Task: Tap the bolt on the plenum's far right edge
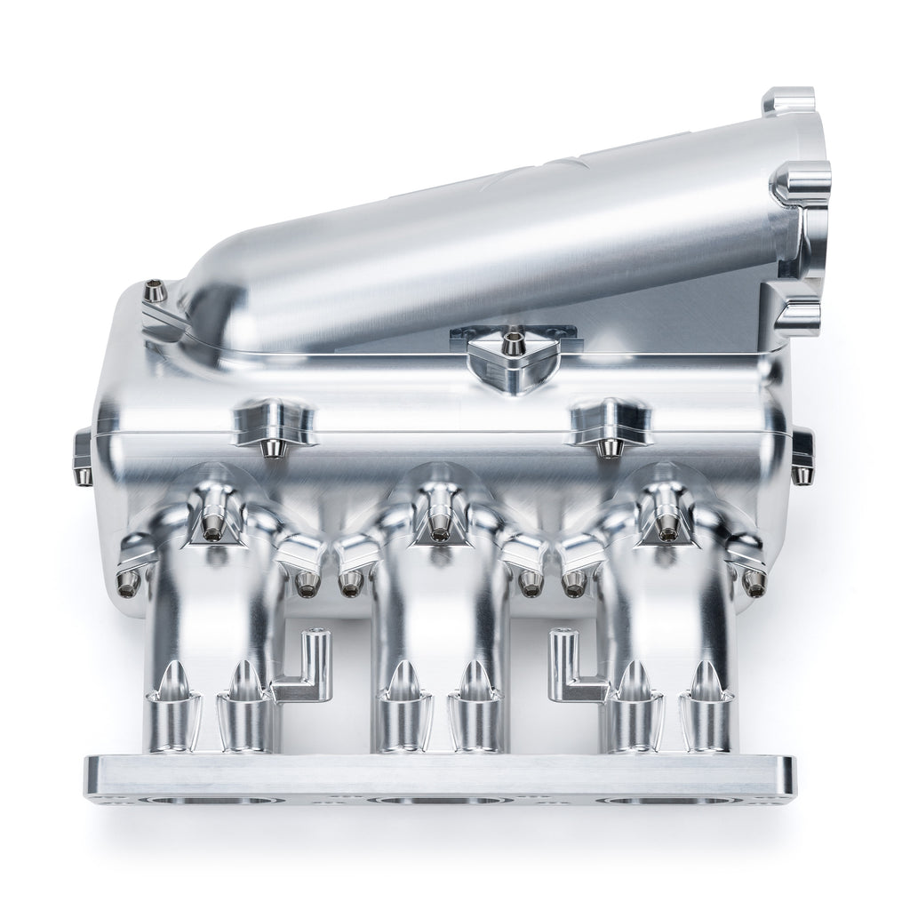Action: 802,455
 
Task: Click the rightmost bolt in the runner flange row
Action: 754,582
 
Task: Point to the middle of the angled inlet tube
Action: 498,240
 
